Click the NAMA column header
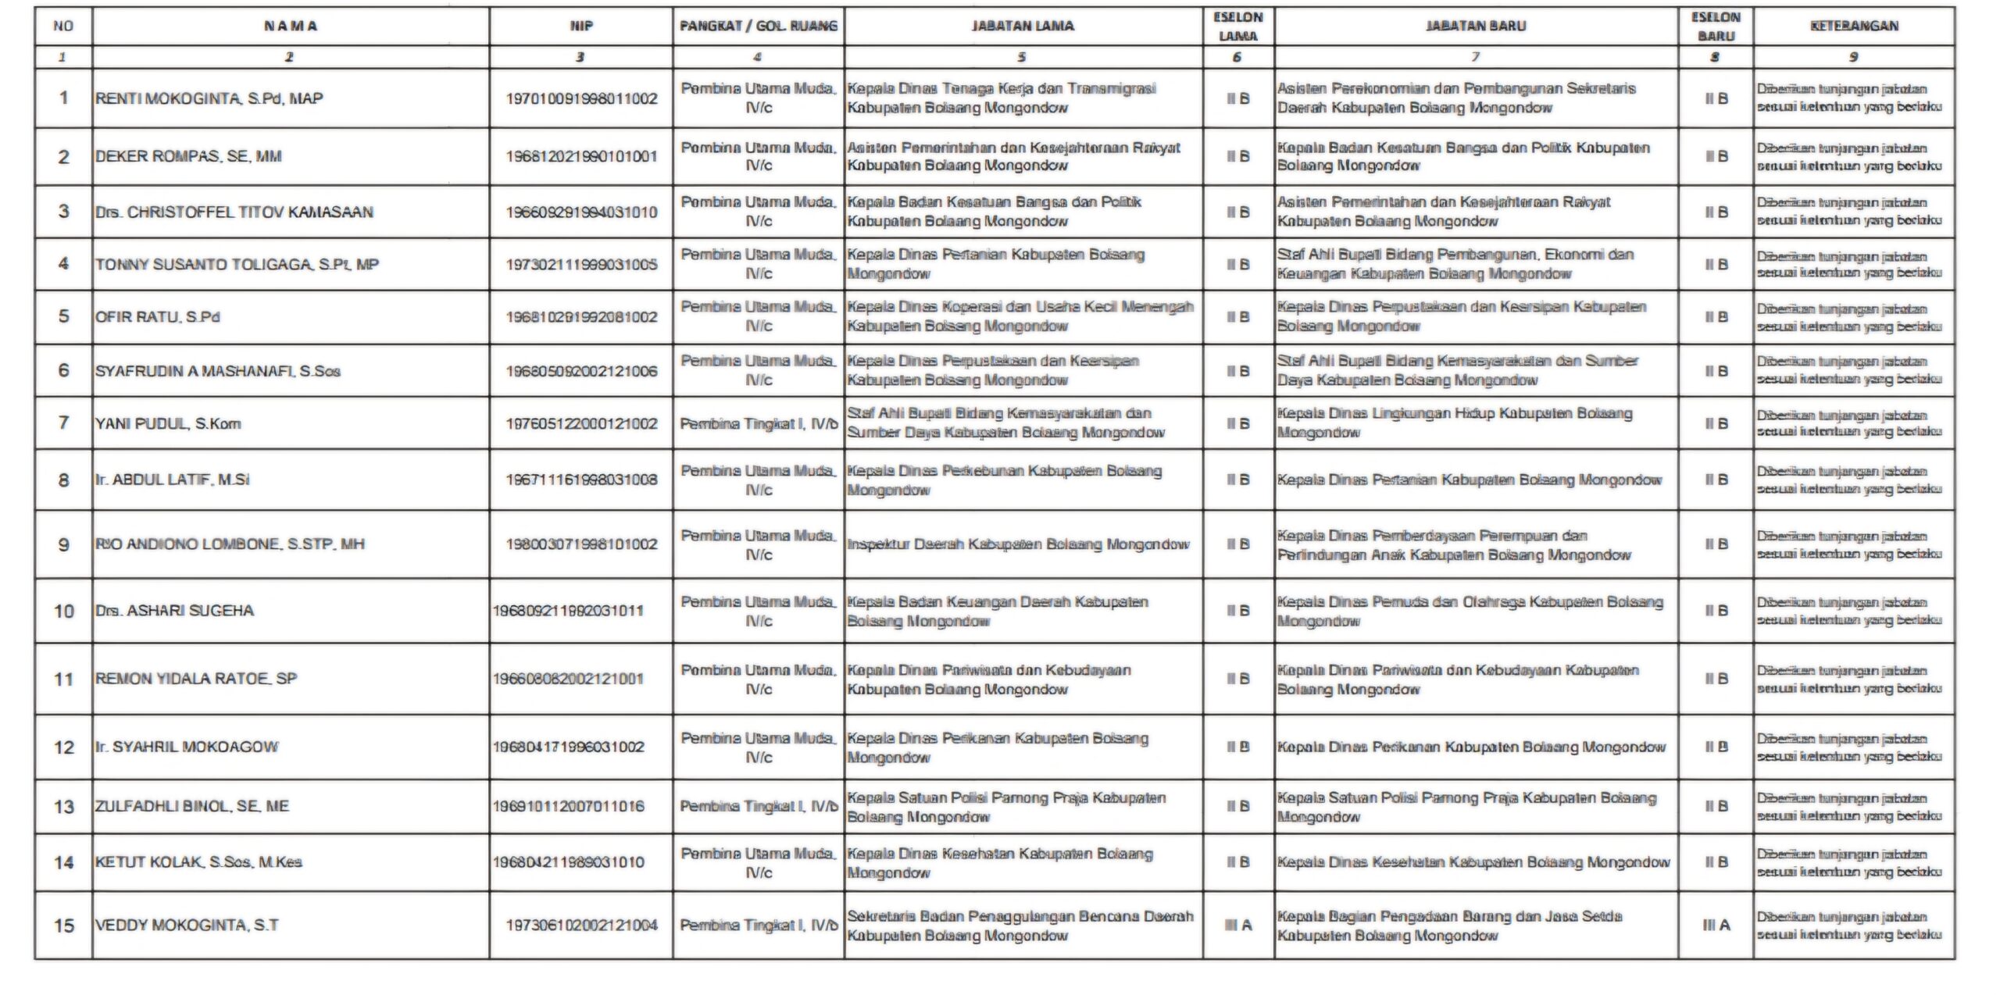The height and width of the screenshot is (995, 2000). [290, 26]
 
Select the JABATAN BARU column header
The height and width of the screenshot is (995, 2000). [1475, 26]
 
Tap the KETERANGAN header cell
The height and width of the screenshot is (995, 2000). [1853, 26]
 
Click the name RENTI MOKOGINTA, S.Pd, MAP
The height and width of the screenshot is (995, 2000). [209, 98]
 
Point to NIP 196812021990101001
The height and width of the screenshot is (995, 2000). [581, 156]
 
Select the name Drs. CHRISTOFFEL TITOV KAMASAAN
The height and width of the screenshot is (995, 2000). [234, 212]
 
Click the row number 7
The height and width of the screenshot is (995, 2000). [63, 423]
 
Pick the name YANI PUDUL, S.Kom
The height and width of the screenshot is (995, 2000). [168, 423]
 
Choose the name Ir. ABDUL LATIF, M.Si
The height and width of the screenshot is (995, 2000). [172, 480]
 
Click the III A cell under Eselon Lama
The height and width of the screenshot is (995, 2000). [1237, 925]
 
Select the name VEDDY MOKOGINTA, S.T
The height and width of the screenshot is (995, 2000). [187, 925]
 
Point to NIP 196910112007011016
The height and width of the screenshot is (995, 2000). [568, 806]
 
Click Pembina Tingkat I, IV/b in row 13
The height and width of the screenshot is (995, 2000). [758, 806]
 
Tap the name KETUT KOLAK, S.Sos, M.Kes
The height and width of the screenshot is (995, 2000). [198, 861]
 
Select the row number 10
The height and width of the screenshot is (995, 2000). [63, 611]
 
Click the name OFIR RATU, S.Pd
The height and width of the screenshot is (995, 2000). [157, 316]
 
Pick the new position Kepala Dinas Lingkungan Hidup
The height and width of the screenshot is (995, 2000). [1455, 423]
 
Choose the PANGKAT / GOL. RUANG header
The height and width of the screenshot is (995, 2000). [758, 26]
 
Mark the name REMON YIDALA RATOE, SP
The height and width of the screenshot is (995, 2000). [195, 678]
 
